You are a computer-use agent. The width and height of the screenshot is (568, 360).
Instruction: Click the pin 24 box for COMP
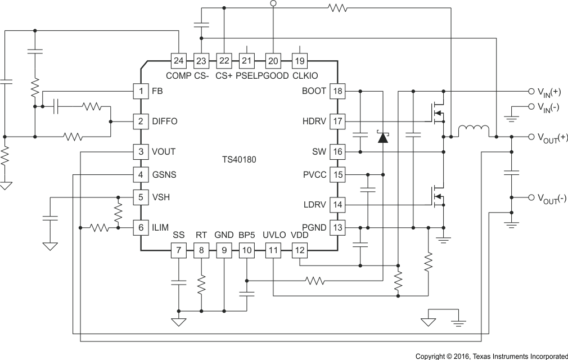tap(178, 61)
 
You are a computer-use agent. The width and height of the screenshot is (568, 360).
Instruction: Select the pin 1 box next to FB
tap(139, 91)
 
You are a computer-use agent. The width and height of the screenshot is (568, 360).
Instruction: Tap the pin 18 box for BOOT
tap(337, 91)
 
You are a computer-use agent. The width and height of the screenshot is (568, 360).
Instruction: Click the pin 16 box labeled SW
tap(337, 152)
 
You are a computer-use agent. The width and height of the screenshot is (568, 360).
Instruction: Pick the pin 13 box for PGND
tap(337, 227)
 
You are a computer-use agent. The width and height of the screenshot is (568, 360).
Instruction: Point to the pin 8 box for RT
tap(201, 250)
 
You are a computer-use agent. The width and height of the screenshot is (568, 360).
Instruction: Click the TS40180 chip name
tap(239, 159)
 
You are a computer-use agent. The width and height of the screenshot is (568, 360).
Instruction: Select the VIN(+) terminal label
tap(548, 92)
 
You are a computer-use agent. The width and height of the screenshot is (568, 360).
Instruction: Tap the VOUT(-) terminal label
tap(551, 198)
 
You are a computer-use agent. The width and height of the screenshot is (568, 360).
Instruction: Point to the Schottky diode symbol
tap(383, 136)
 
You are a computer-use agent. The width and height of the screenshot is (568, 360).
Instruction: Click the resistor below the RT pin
tap(201, 285)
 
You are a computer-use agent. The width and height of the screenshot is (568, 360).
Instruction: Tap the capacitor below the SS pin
tap(178, 282)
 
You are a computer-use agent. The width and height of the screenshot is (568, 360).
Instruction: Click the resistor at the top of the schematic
tap(338, 8)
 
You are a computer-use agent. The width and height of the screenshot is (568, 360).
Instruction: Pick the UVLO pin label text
tap(274, 235)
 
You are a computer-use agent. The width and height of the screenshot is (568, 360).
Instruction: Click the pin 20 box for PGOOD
tap(273, 61)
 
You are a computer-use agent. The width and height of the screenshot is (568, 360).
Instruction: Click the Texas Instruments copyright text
tap(491, 356)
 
